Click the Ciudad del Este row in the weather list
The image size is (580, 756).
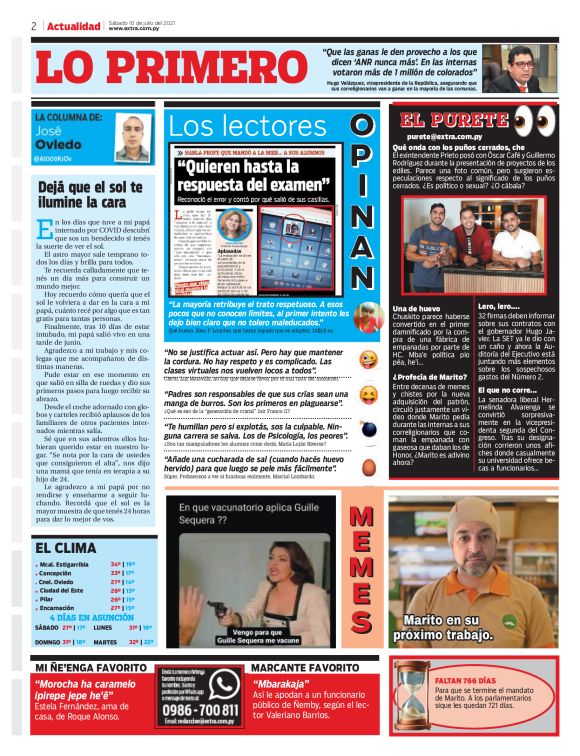pos(72,590)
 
